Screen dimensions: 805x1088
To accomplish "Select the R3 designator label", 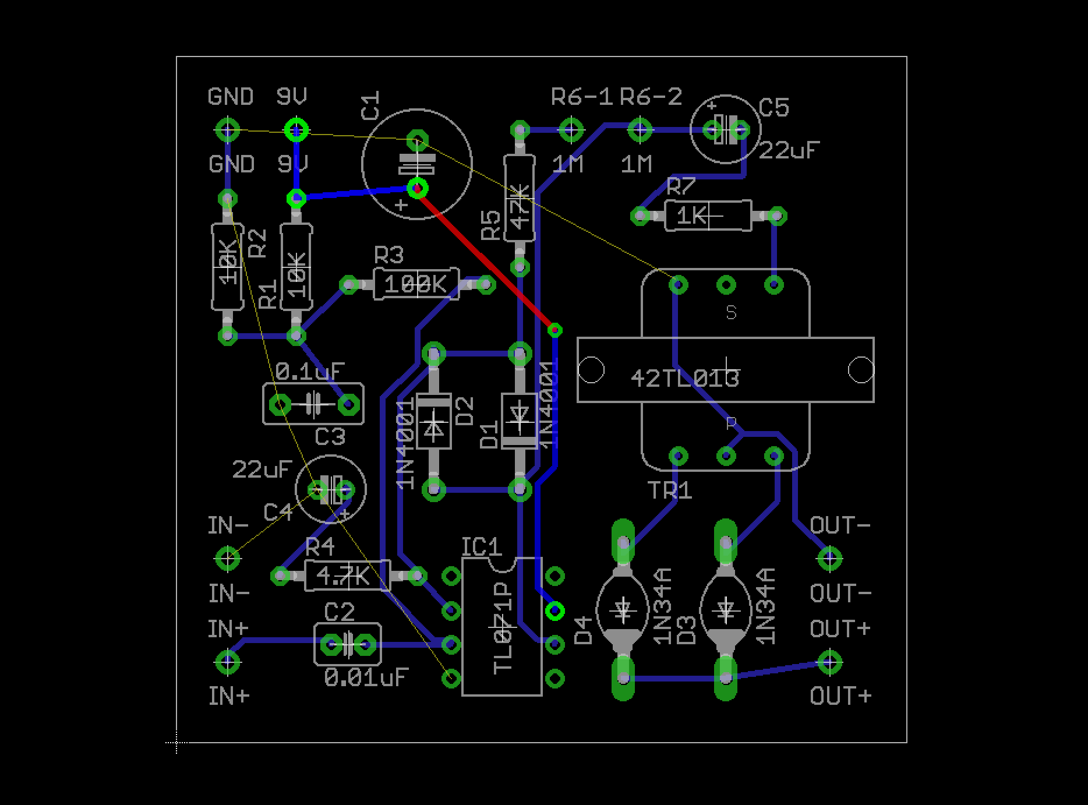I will (x=388, y=255).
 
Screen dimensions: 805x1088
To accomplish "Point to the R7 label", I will (x=681, y=187).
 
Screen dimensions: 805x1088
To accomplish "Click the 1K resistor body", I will (x=707, y=216).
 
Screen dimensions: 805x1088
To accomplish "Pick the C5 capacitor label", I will (x=774, y=108).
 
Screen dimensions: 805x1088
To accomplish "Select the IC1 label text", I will (x=481, y=546).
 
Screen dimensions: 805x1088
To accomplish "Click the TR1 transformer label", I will (x=670, y=490).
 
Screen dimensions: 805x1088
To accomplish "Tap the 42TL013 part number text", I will (x=685, y=379).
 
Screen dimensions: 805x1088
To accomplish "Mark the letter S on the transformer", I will (x=731, y=313).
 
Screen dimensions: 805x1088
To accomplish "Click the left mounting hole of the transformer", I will (x=591, y=370).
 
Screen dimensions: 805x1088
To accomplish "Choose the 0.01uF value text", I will (x=366, y=677).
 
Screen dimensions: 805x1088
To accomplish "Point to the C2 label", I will (x=339, y=612).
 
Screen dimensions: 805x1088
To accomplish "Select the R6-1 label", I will (x=582, y=97).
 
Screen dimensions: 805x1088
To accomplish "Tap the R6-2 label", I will (x=651, y=97).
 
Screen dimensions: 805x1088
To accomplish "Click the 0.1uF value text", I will (x=310, y=372).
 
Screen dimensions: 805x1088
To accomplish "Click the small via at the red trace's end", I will (x=555, y=330).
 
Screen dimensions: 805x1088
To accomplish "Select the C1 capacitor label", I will (x=370, y=105).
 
